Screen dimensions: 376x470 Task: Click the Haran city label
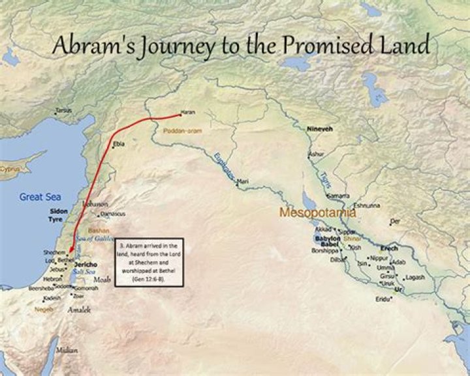(x=188, y=112)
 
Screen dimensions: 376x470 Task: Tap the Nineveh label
(x=320, y=129)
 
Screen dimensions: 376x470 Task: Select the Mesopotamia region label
(x=317, y=212)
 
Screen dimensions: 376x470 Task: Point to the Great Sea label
(x=40, y=196)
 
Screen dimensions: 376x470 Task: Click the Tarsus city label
(x=63, y=110)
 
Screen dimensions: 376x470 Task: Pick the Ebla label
(x=119, y=144)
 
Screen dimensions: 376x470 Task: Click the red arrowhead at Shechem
(x=70, y=252)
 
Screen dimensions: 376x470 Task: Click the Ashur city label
(x=316, y=154)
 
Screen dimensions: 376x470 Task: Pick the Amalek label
(x=79, y=311)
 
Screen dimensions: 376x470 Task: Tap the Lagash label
(x=415, y=277)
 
